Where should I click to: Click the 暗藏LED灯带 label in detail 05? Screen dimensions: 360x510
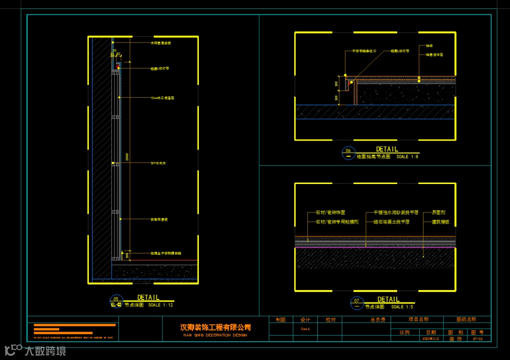(x=160, y=69)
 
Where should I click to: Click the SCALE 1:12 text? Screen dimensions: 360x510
(x=161, y=305)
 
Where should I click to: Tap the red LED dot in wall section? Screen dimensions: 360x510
(x=119, y=67)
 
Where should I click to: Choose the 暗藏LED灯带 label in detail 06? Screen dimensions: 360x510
(x=399, y=50)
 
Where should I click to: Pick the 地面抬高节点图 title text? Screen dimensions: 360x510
(x=374, y=157)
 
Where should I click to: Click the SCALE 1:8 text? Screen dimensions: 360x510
(x=408, y=157)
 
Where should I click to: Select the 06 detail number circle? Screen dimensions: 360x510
(x=348, y=152)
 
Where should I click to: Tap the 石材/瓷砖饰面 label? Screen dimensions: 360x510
(x=330, y=213)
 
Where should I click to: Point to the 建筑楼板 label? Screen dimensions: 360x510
(x=441, y=221)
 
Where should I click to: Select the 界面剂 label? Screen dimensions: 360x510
(x=439, y=213)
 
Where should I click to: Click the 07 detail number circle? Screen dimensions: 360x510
(x=357, y=302)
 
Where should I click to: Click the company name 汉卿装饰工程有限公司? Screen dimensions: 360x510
(x=215, y=327)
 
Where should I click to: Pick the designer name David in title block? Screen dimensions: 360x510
(x=305, y=329)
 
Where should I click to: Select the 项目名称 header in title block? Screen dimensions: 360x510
(x=418, y=319)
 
